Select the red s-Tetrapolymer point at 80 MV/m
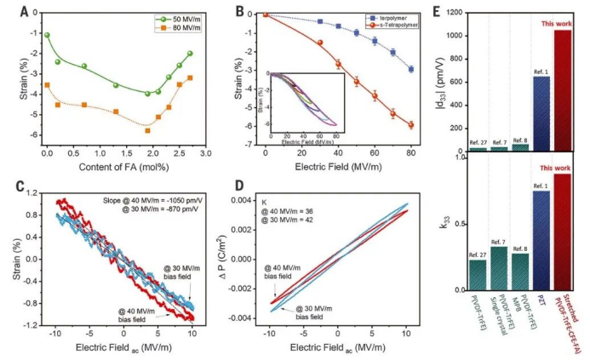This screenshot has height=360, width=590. pos(411,125)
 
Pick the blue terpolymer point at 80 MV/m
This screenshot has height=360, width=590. pos(411,69)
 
